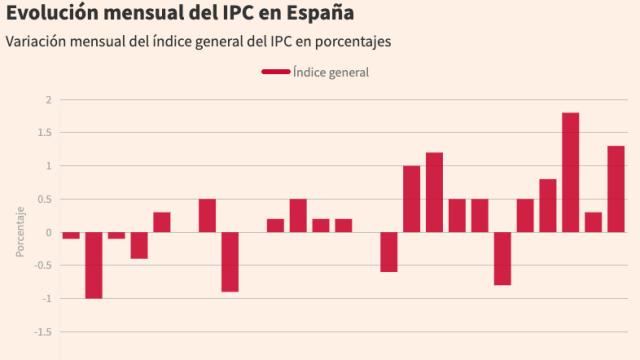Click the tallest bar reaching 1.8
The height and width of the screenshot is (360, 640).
(570, 172)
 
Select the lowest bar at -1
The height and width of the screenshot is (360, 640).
(93, 265)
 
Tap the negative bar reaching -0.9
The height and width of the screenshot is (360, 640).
(230, 262)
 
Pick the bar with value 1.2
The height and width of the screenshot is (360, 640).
(434, 192)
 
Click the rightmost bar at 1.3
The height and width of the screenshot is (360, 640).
(616, 189)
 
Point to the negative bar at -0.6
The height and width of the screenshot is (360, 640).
(389, 252)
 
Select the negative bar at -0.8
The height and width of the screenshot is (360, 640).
(502, 258)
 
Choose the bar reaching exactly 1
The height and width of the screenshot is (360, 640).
(411, 199)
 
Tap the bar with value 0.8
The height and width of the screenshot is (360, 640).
(548, 205)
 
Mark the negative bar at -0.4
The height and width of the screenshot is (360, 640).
(139, 245)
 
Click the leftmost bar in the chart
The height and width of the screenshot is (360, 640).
(71, 235)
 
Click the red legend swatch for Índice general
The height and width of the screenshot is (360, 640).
(275, 72)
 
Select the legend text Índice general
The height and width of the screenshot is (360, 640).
(331, 72)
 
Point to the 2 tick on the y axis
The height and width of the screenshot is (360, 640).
(47, 100)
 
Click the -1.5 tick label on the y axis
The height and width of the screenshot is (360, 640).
(42, 331)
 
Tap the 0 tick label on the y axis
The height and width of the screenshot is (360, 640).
(47, 232)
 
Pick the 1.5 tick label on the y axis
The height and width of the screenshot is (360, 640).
(44, 133)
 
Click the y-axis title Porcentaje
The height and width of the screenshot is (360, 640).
(19, 232)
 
